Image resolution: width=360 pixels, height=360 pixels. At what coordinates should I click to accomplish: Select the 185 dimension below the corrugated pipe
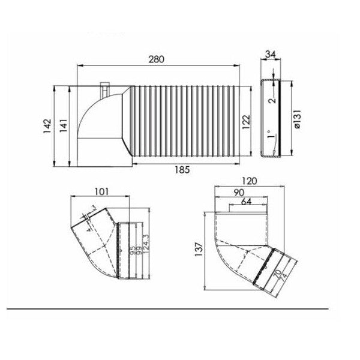tap(182, 170)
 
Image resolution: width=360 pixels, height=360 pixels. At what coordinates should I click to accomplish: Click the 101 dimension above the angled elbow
tap(101, 192)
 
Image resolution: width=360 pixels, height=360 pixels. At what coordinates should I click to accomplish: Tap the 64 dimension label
tap(246, 202)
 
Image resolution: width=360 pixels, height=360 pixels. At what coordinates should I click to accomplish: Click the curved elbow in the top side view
tap(96, 120)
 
